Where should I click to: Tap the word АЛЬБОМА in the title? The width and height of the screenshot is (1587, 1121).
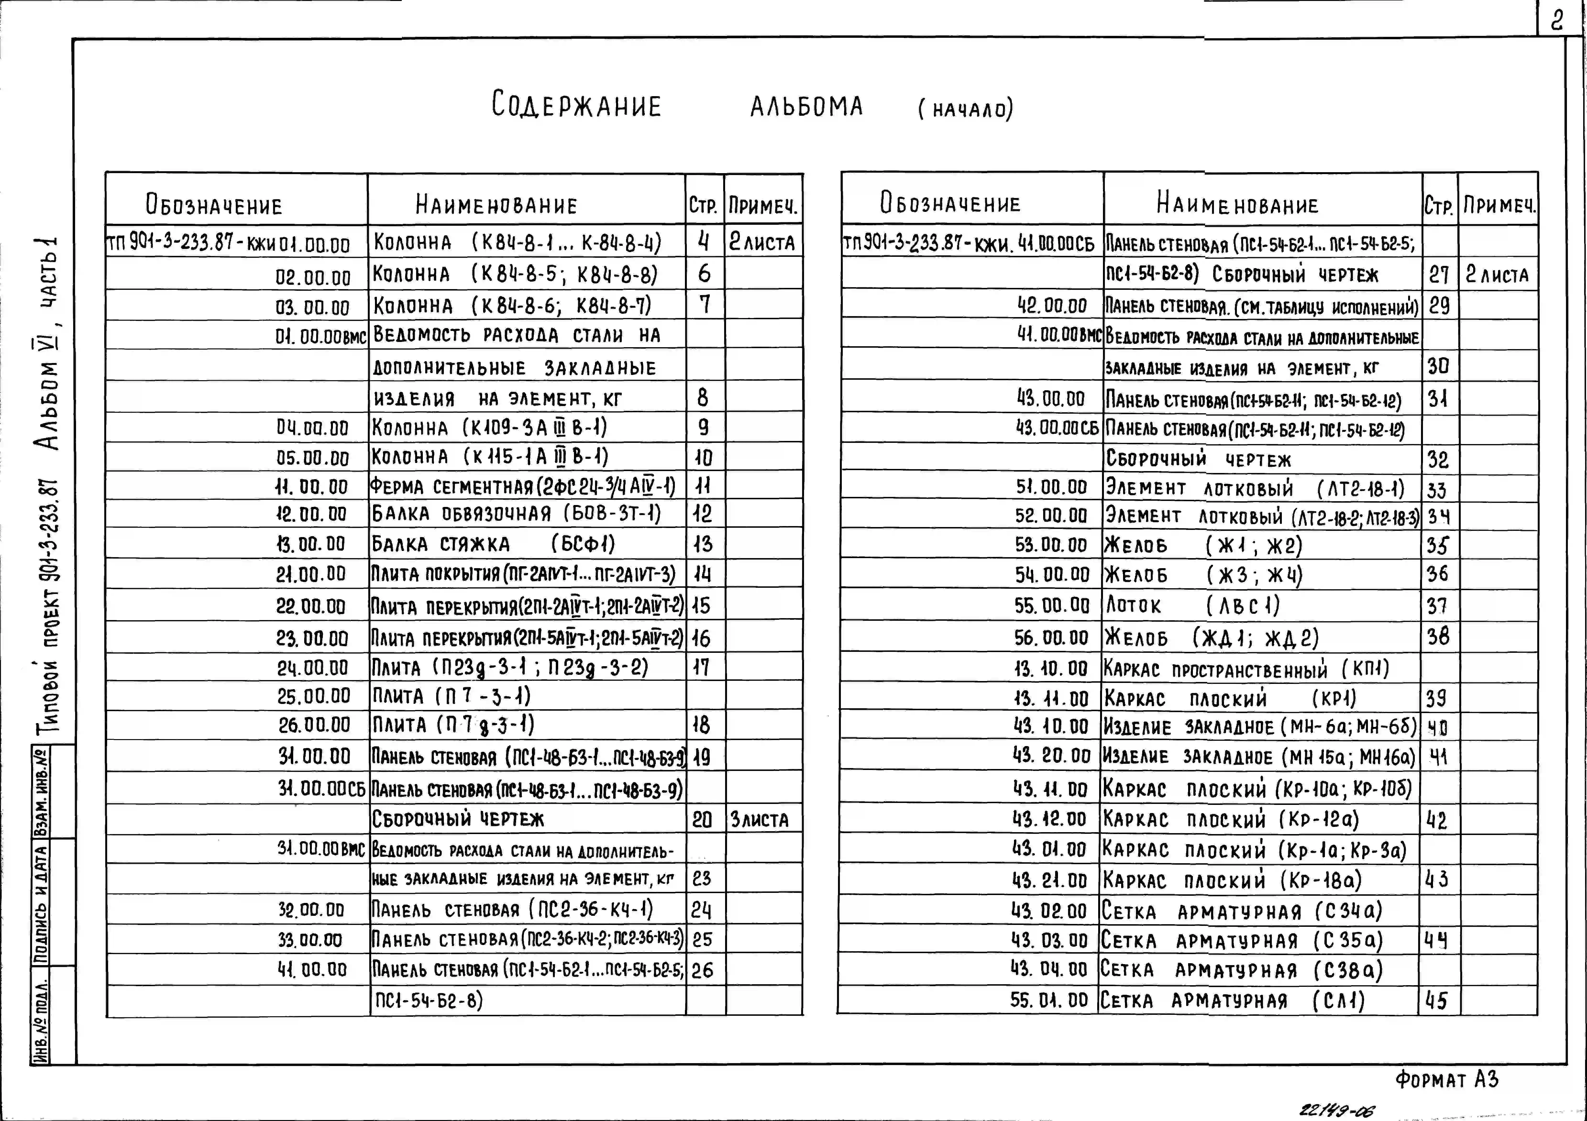pos(807,106)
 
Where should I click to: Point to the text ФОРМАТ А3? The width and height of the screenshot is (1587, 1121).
pos(1446,1080)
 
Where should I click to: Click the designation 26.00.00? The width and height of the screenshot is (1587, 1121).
pos(314,725)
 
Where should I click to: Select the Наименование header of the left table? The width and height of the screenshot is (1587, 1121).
pos(496,205)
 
